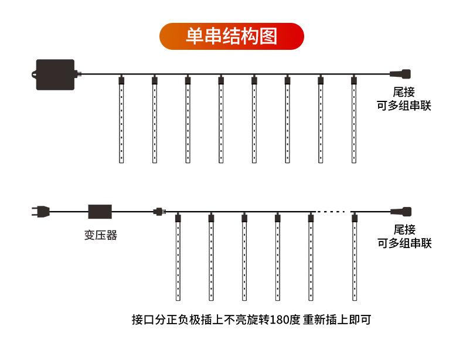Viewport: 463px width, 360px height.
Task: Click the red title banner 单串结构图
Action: pyautogui.click(x=231, y=36)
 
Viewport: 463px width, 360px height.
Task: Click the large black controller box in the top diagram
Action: pyautogui.click(x=55, y=74)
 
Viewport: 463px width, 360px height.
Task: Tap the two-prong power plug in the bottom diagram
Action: pyautogui.click(x=40, y=212)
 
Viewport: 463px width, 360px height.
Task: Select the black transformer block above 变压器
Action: pyautogui.click(x=100, y=212)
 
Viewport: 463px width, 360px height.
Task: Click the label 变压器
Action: pyautogui.click(x=101, y=235)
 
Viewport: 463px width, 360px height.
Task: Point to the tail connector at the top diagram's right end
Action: pyautogui.click(x=400, y=73)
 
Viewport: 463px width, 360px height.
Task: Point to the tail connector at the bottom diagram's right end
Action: pyautogui.click(x=401, y=212)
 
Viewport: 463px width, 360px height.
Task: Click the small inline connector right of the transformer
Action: pyautogui.click(x=159, y=212)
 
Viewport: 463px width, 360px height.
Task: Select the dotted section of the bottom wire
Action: pyautogui.click(x=331, y=212)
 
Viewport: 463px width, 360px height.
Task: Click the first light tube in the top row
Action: pyautogui.click(x=121, y=119)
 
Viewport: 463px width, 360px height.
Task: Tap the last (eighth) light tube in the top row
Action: pyautogui.click(x=354, y=119)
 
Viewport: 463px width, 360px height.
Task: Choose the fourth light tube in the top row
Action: pyautogui.click(x=221, y=119)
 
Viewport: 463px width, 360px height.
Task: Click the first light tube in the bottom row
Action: pyautogui.click(x=178, y=257)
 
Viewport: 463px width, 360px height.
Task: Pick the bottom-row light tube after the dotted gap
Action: pyautogui.click(x=355, y=257)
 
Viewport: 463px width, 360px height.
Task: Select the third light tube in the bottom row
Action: pyautogui.click(x=244, y=257)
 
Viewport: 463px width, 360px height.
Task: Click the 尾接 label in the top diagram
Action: pyautogui.click(x=404, y=92)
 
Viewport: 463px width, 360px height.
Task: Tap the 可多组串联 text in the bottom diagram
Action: pyautogui.click(x=404, y=243)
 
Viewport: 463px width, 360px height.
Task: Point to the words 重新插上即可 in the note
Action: pyautogui.click(x=337, y=320)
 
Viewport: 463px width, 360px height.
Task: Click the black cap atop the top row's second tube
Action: pyautogui.click(x=155, y=80)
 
